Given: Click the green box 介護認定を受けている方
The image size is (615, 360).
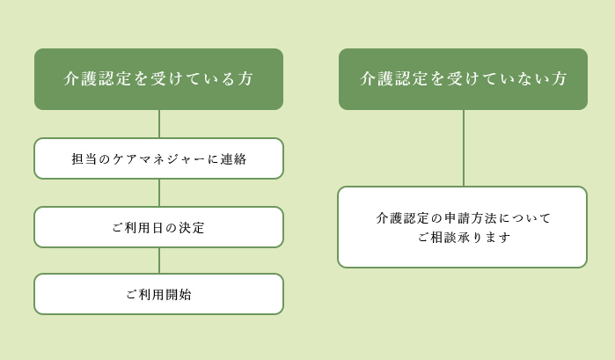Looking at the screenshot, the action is point(159,79).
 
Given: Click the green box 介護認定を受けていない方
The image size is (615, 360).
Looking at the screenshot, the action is point(463,79).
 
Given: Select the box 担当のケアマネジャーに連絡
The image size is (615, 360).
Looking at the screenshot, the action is point(159,158).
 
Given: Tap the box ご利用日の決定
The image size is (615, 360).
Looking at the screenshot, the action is point(159,227).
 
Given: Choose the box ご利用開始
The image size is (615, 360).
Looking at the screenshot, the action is point(159,294).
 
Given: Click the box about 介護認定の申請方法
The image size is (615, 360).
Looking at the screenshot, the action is point(463,227).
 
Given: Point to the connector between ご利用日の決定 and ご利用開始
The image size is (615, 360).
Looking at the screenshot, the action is point(159,261).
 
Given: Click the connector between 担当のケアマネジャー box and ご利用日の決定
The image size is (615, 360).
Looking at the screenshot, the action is point(159,193).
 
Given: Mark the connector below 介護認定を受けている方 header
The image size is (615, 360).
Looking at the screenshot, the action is point(159,124).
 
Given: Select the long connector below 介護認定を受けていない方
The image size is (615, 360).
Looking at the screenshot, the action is point(464,149).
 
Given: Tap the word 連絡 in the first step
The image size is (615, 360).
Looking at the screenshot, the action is point(233,159).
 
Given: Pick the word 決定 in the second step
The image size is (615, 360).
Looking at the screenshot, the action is point(192,228).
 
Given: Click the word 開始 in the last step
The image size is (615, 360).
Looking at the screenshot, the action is point(179,295).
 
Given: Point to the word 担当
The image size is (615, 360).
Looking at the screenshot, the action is point(84,159).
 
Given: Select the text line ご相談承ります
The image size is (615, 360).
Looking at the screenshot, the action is point(464,237).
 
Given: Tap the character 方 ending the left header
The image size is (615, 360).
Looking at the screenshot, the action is point(245,78).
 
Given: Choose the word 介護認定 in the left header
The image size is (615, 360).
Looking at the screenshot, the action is point(97,78).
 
